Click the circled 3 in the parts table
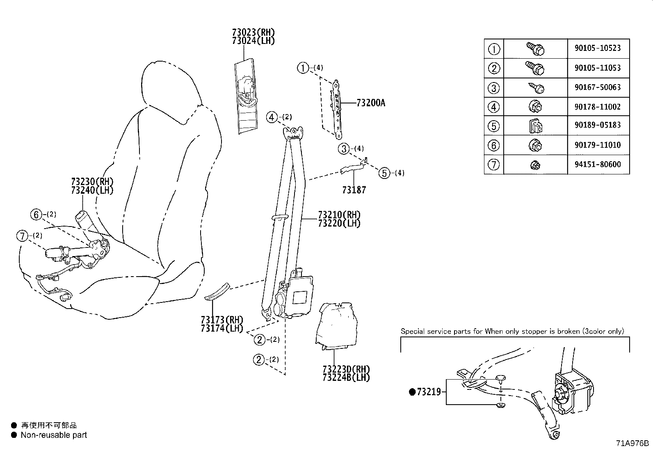click(x=494, y=88)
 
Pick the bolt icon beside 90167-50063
click(x=536, y=87)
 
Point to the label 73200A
click(x=370, y=103)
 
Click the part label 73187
click(x=354, y=190)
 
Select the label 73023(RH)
click(x=253, y=32)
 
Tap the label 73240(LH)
click(x=92, y=190)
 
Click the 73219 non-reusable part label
click(x=428, y=392)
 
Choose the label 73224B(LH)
click(x=346, y=377)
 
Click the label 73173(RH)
click(x=222, y=320)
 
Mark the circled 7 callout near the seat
click(x=22, y=236)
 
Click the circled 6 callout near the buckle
click(x=36, y=214)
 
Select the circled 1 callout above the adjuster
click(x=303, y=68)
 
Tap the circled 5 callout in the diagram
click(x=384, y=173)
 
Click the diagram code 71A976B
click(x=632, y=444)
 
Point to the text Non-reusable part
click(x=54, y=435)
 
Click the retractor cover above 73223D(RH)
click(x=336, y=324)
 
